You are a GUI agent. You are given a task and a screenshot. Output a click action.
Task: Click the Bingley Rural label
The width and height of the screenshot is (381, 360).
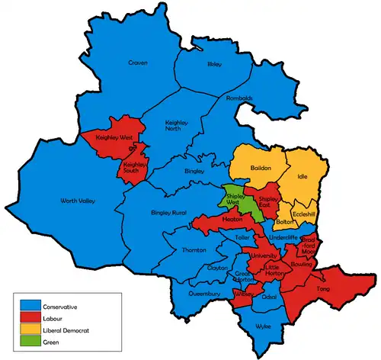[x=169, y=212]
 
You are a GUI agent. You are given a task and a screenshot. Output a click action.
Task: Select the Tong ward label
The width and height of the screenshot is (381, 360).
[x=323, y=289]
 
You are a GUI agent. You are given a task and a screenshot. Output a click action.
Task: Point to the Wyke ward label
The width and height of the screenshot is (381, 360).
[x=263, y=326]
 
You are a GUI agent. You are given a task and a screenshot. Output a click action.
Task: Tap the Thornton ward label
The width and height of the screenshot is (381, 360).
[x=194, y=250]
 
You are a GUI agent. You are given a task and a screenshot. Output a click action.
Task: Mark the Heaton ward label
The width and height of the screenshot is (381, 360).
[x=232, y=220]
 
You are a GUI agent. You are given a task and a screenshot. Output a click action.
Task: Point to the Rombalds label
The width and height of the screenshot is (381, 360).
[x=239, y=98]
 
